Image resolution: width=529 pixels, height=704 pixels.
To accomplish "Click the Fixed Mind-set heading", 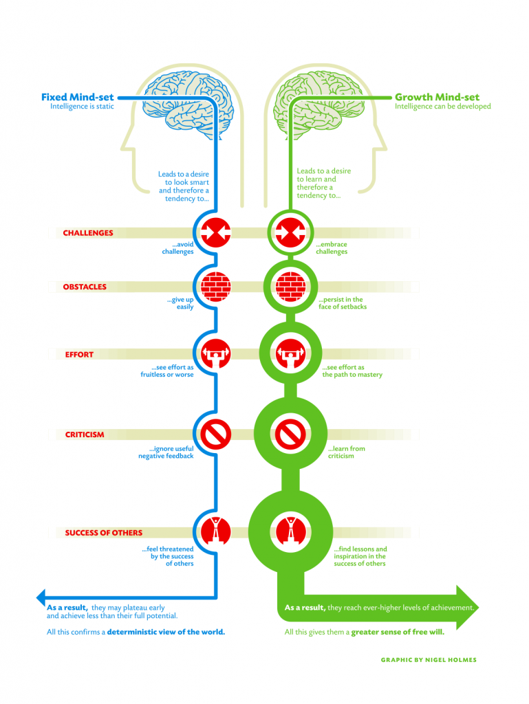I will (78, 97).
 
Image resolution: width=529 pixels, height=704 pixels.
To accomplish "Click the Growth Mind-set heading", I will (437, 97).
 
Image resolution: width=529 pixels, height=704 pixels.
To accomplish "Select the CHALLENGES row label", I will (88, 233).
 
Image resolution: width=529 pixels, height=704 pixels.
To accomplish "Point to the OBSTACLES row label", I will (85, 287).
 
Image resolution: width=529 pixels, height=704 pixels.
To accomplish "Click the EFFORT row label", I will (79, 355).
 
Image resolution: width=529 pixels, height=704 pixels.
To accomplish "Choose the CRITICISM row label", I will (85, 434).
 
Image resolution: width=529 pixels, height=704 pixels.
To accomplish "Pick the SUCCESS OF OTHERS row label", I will (104, 533).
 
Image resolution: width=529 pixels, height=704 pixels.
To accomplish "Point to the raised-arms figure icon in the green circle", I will (290, 530).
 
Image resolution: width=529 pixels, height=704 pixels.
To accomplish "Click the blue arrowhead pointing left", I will (41, 596).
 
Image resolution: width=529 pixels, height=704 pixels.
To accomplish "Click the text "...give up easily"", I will (180, 303).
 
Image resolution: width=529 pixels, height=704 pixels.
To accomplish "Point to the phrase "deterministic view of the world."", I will (166, 632).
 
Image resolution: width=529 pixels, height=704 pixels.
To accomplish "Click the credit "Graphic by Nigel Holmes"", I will (428, 660).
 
